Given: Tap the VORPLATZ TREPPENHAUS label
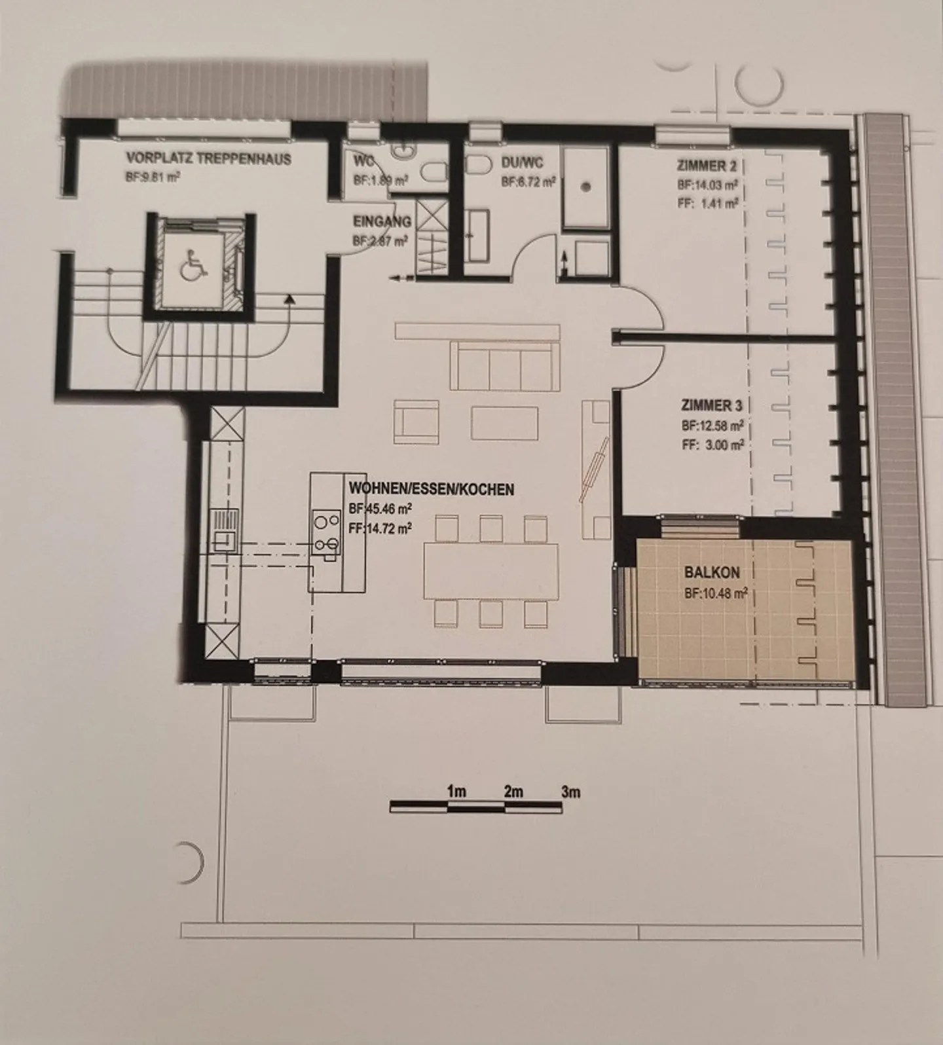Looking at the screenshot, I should [x=209, y=159].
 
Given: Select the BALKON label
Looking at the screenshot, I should [x=712, y=572].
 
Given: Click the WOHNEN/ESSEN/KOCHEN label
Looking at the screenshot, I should [x=432, y=489].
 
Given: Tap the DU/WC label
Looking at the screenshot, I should [x=523, y=163].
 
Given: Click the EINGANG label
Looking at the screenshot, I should [x=382, y=221].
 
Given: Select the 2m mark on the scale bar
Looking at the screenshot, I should [x=513, y=792].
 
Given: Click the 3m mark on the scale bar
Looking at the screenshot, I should [x=570, y=792].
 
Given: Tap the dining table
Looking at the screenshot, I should [x=492, y=572].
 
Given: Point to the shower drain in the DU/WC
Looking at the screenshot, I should [x=586, y=186].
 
